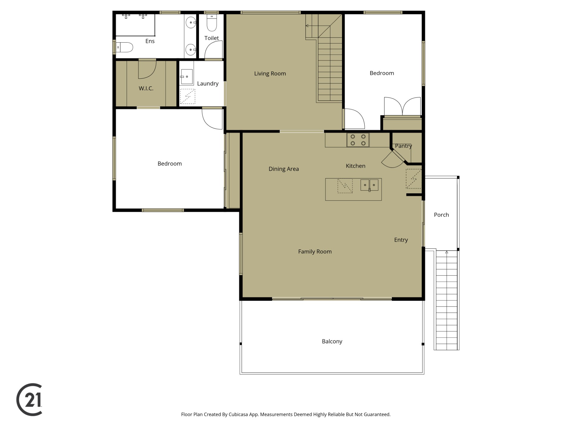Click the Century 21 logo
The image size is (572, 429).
point(29,400)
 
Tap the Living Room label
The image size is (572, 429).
point(270,74)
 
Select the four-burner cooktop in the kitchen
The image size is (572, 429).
point(358,140)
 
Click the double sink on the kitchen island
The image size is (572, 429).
point(369,185)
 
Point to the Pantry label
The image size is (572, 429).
point(403,146)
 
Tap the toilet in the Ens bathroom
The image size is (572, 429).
point(125,47)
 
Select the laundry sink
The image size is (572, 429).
point(186,77)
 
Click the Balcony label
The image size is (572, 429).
point(332,341)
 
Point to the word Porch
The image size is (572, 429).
point(441,215)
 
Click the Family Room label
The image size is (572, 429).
point(315,252)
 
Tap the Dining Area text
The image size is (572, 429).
point(284,169)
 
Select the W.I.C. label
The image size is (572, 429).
point(146,88)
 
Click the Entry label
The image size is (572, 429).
point(401,240)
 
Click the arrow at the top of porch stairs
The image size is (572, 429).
point(447,252)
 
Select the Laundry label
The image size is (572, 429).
point(208,84)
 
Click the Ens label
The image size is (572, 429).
point(150,41)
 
